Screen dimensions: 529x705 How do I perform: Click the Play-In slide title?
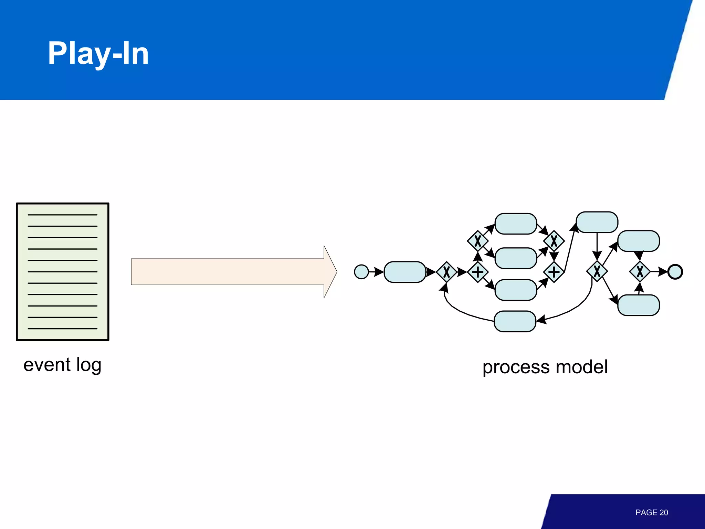(x=98, y=53)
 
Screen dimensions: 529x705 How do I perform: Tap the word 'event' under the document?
(x=47, y=365)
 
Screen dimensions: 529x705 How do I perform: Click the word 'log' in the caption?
(x=88, y=365)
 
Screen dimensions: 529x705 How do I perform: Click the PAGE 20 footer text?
(x=651, y=512)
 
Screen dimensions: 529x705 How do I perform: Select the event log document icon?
(x=63, y=272)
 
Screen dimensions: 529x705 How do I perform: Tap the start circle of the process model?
(x=361, y=272)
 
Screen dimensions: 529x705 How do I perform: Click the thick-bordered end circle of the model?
(x=675, y=272)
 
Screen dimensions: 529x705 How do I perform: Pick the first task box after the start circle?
(x=405, y=272)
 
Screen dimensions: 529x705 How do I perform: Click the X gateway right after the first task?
(x=446, y=272)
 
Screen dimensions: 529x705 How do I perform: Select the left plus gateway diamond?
(x=477, y=272)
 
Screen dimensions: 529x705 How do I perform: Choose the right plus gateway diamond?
(x=554, y=272)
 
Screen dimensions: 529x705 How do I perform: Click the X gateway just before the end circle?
(x=640, y=272)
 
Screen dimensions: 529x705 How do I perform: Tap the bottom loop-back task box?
(x=515, y=321)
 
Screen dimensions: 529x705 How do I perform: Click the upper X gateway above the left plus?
(x=477, y=241)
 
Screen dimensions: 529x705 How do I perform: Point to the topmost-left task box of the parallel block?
(x=516, y=224)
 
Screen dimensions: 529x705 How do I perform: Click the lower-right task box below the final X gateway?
(x=639, y=305)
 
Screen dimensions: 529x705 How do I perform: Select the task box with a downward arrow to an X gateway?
(x=597, y=222)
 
